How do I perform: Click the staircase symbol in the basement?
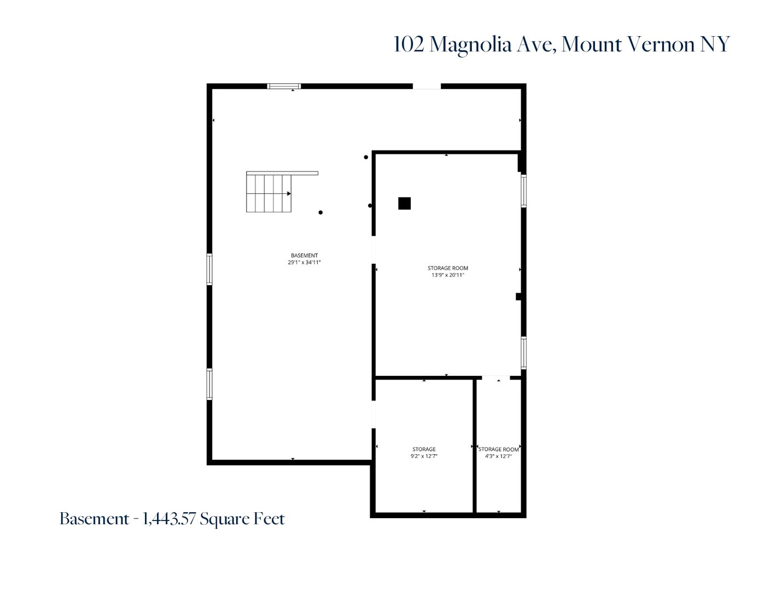tap(269, 193)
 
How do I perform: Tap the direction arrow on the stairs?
tap(288, 194)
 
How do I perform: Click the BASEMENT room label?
tap(304, 256)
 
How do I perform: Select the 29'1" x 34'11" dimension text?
tap(304, 263)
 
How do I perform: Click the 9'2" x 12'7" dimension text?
tap(424, 456)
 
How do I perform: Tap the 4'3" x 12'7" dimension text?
tap(498, 456)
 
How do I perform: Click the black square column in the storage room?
tap(404, 204)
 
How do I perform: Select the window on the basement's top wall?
tap(284, 86)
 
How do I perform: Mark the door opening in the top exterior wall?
tap(427, 86)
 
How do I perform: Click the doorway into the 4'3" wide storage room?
tap(495, 377)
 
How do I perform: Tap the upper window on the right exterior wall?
tap(523, 190)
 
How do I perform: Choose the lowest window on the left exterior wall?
tap(209, 384)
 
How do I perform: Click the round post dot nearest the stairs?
tap(320, 212)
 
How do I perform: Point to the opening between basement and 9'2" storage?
tap(374, 414)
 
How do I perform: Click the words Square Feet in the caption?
tap(242, 519)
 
